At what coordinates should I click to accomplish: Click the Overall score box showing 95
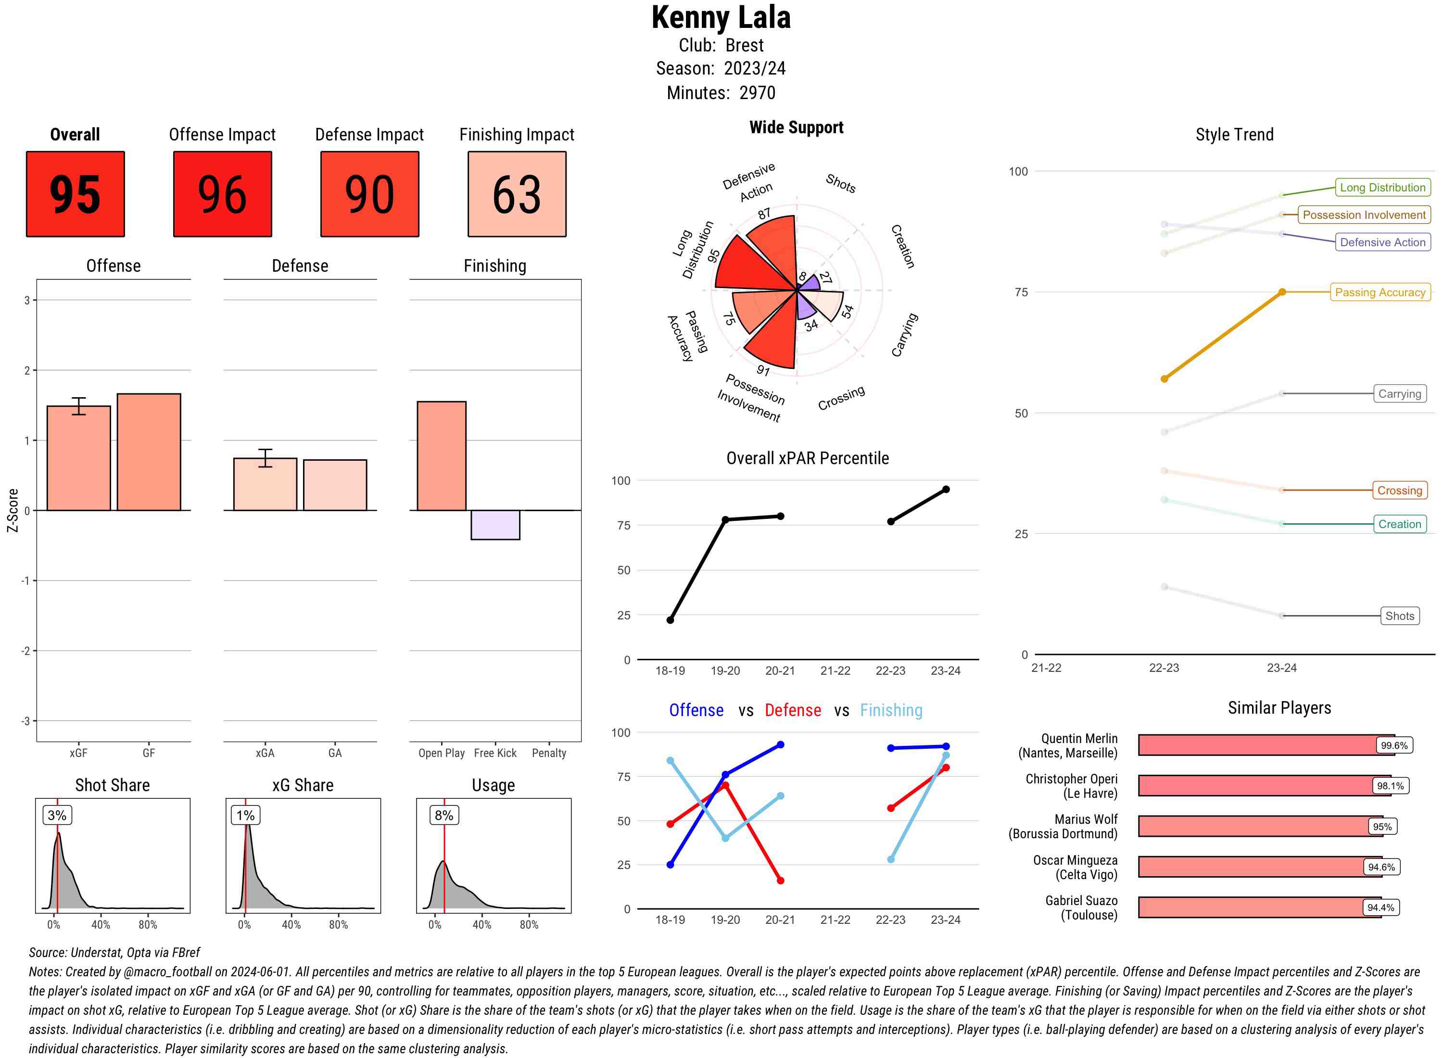(x=75, y=194)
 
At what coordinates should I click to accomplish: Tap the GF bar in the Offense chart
(x=149, y=452)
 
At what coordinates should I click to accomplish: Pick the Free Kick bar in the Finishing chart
(x=495, y=525)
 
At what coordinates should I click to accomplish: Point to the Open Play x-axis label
(x=441, y=753)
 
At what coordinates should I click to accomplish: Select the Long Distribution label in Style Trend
(x=1382, y=188)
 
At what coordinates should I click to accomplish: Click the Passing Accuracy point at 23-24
(x=1281, y=292)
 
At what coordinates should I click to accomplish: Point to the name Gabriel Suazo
(x=1081, y=900)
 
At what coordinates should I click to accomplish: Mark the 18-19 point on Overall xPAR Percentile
(x=670, y=620)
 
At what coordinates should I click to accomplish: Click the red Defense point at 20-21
(x=780, y=881)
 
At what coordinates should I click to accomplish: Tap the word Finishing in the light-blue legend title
(x=891, y=710)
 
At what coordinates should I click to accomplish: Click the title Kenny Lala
(x=721, y=17)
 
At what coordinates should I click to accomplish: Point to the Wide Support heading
(x=796, y=127)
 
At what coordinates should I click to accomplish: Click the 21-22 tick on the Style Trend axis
(x=1046, y=668)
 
